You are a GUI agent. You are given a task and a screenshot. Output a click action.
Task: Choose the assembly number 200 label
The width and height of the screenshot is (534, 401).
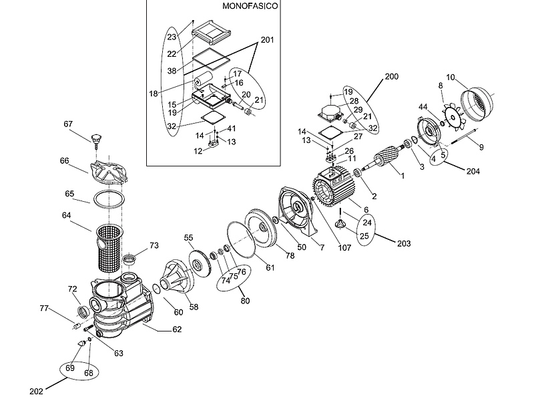[392, 78]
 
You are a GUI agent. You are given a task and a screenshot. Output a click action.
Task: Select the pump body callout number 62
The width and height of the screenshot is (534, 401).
[177, 329]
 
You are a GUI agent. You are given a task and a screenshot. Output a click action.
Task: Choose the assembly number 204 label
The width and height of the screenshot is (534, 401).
[473, 171]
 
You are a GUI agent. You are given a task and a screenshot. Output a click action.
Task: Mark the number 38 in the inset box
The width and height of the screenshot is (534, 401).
[172, 70]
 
